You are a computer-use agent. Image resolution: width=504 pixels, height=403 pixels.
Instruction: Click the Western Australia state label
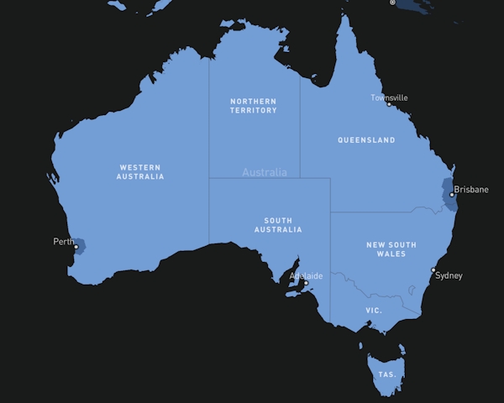141,172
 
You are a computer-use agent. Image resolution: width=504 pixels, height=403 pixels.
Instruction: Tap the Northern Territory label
253,106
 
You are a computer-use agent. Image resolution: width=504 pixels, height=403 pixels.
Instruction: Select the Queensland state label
366,140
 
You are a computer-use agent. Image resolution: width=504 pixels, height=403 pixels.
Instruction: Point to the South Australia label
278,225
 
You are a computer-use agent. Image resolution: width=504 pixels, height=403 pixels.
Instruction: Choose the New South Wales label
391,249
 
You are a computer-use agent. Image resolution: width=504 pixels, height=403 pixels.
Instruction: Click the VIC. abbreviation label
374,311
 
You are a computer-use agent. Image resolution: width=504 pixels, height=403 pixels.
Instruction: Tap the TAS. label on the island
386,374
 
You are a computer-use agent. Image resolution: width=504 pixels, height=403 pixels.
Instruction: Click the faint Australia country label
265,172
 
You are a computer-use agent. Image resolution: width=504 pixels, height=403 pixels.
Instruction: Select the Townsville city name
389,97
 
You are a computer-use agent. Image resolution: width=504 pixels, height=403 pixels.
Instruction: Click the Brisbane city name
470,190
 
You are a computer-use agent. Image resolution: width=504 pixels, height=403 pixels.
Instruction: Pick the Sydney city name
449,275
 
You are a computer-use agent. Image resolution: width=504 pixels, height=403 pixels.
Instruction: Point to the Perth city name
63,242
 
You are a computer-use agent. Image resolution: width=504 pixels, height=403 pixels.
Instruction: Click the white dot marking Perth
76,247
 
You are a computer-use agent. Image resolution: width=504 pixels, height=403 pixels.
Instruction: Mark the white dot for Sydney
433,270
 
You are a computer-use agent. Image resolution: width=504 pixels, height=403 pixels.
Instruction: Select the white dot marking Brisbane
452,195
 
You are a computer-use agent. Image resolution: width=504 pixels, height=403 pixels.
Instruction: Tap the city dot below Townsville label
388,104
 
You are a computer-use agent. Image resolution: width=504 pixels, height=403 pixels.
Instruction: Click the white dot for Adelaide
306,282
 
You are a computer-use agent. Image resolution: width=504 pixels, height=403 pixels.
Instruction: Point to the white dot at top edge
392,3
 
